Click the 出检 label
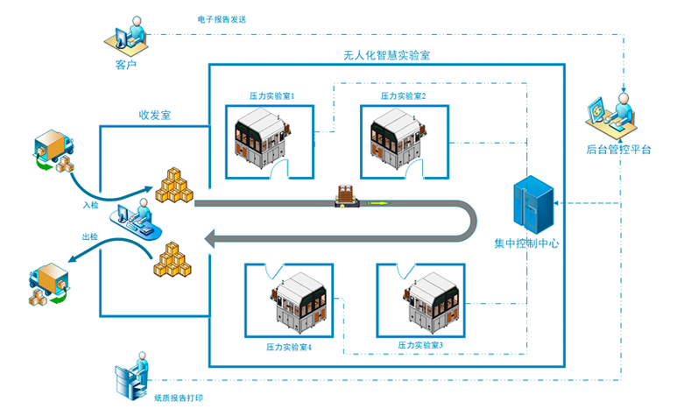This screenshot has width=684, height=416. click(89, 237)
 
